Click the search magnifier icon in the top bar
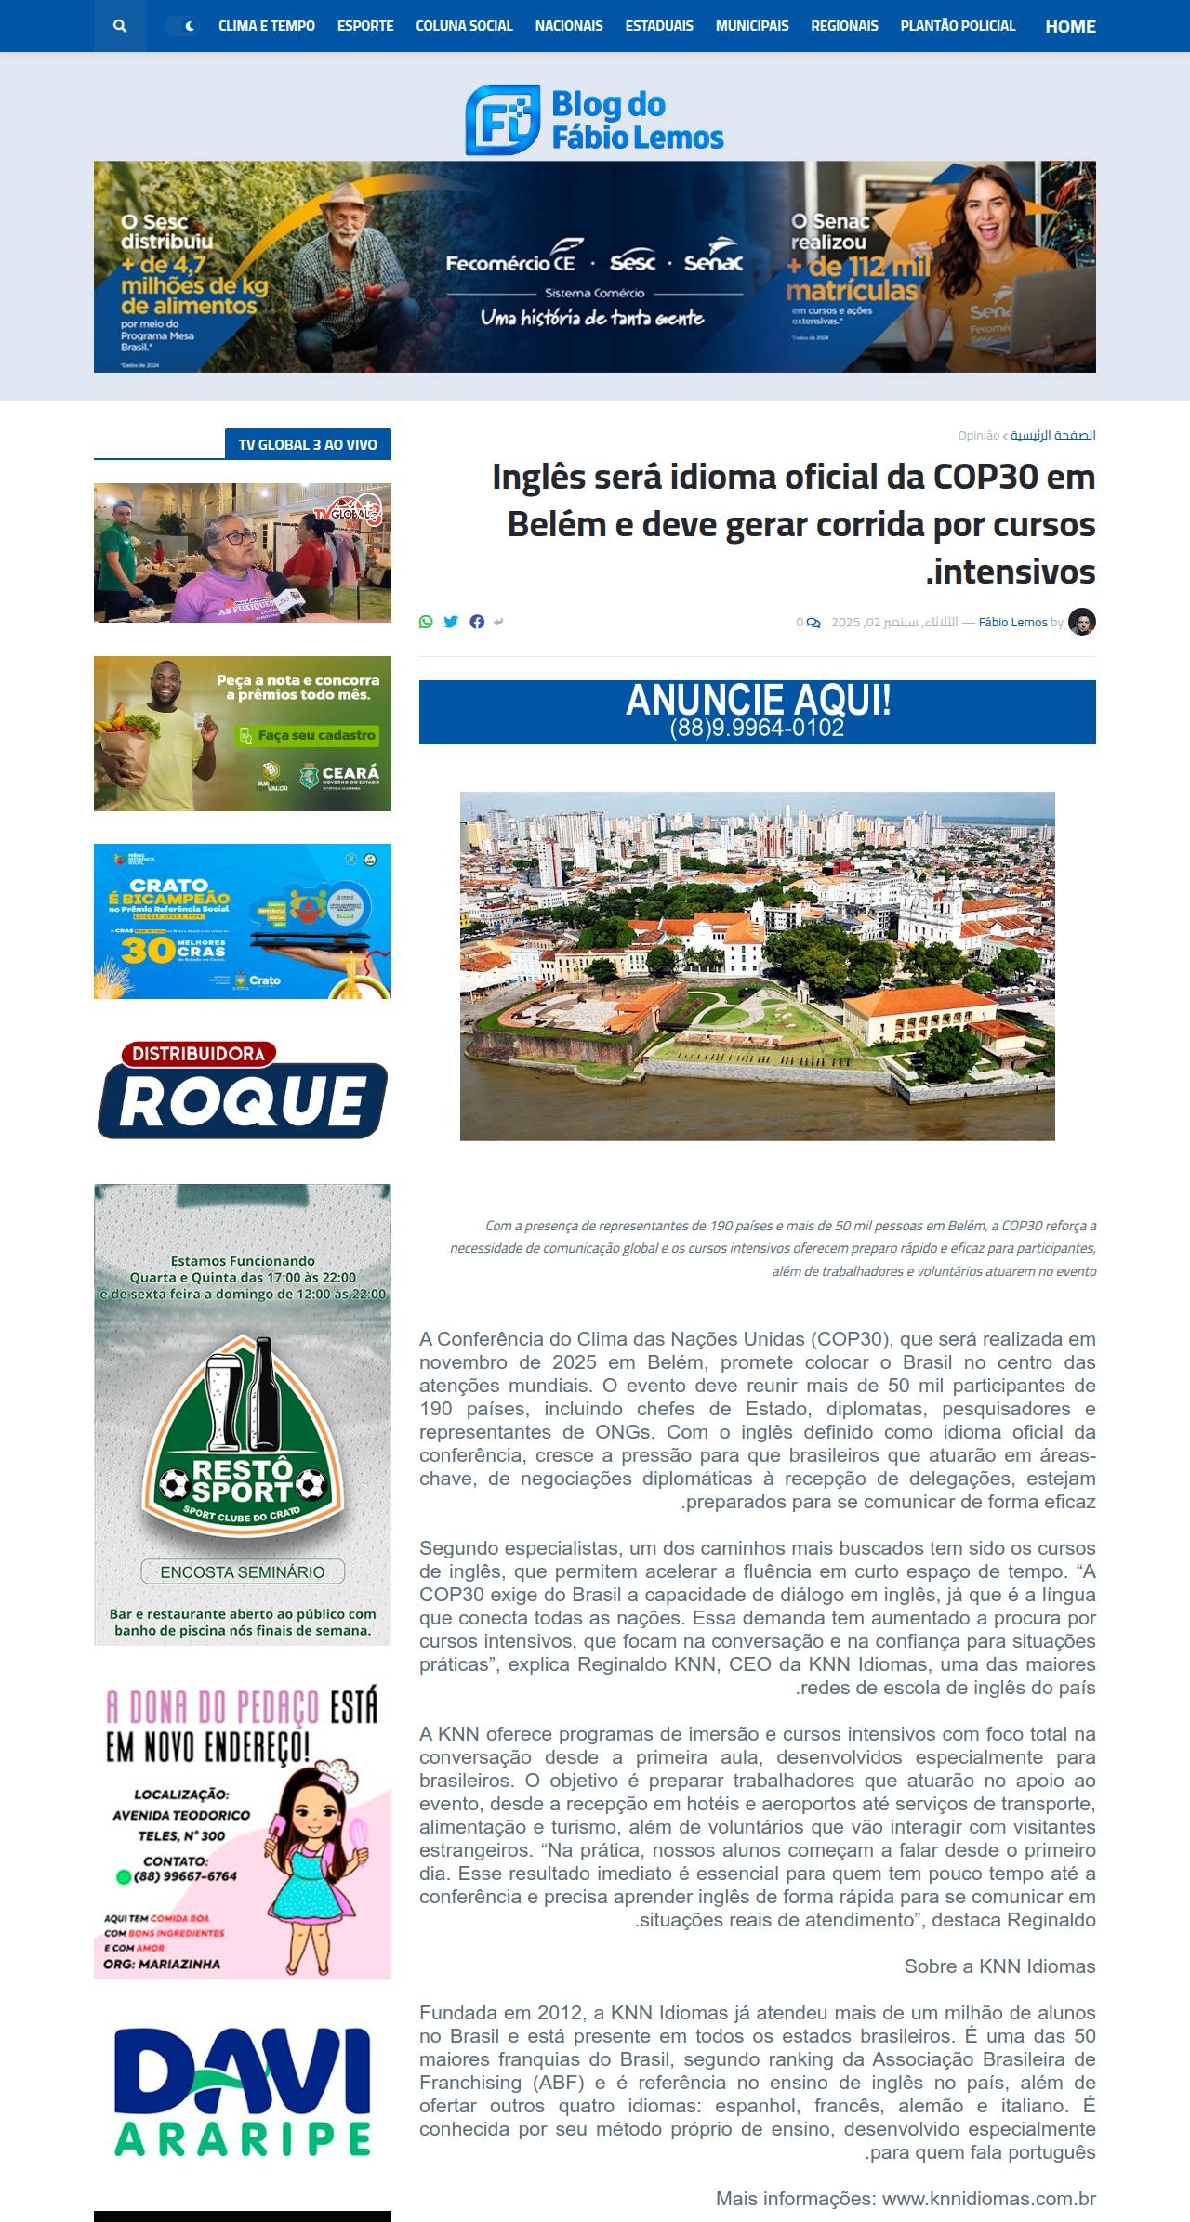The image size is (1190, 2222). coord(119,26)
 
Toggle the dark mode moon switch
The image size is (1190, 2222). coord(182,26)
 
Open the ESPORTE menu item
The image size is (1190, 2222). coord(365,26)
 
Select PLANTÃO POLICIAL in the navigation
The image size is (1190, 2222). coord(958,26)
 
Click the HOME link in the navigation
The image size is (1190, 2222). coord(1070,26)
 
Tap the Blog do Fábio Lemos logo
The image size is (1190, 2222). coord(595,120)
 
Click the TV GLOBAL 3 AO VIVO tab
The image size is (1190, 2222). coord(308,444)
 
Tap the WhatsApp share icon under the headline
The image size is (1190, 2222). coord(426,622)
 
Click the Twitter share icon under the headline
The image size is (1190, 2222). coord(451,622)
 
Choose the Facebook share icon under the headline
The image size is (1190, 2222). coord(477,622)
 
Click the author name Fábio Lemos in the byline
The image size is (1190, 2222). coord(1012,622)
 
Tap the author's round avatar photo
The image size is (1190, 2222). coord(1082,622)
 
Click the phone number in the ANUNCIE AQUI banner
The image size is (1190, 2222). coord(757,729)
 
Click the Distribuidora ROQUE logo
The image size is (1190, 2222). coord(243,1090)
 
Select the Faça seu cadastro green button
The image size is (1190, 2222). coord(307,735)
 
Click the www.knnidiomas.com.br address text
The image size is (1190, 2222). coord(988,2198)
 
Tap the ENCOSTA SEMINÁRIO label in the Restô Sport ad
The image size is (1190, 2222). coord(243,1571)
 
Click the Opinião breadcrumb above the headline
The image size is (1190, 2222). coord(978,435)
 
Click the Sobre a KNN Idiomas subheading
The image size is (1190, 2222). coord(999,1966)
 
